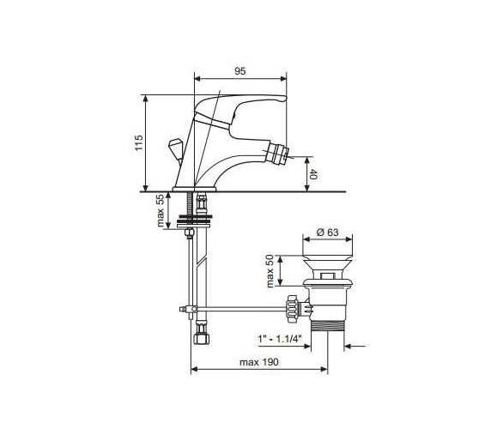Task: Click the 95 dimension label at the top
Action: (240, 71)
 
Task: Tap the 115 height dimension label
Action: (138, 143)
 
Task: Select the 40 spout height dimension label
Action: (313, 175)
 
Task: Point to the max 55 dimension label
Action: (161, 210)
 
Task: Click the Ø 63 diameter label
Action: (328, 232)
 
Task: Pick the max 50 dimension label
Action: (270, 271)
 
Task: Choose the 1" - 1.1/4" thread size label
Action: (280, 339)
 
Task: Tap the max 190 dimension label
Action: (259, 362)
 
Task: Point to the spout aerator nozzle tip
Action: (277, 153)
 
